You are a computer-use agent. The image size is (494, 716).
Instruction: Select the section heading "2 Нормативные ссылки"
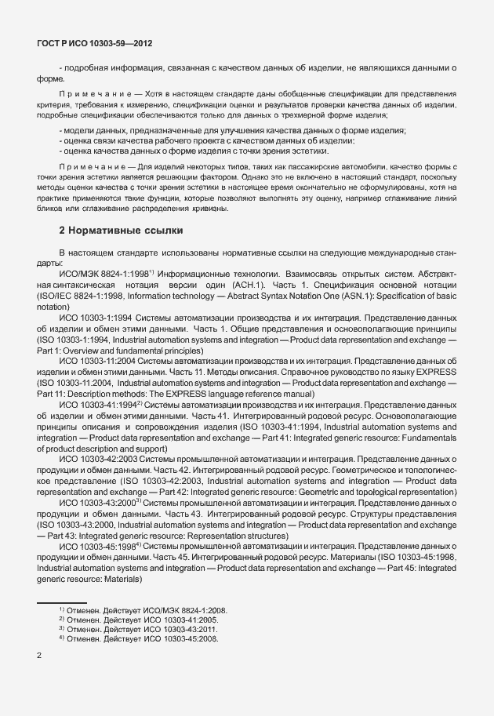122,231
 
